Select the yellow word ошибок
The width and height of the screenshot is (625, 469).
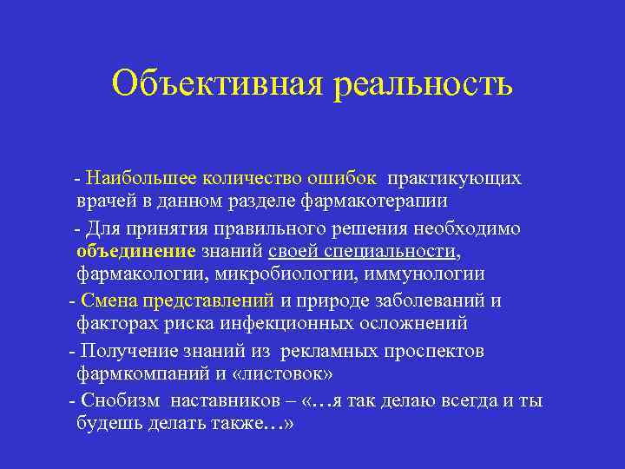[x=345, y=178]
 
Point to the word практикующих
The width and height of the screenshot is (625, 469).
[x=455, y=178]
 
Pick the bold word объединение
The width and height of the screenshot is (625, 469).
[x=136, y=252]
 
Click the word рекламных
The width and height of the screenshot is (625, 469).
[x=325, y=351]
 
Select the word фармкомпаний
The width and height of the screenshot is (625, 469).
[x=135, y=374]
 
